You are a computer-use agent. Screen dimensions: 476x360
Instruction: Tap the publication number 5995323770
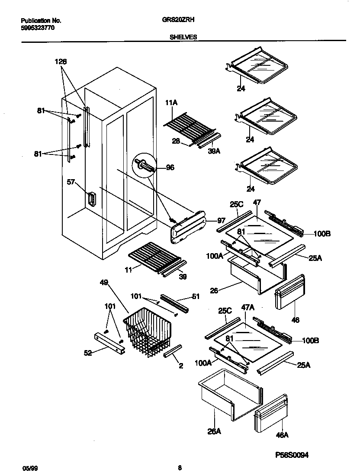pos(38,28)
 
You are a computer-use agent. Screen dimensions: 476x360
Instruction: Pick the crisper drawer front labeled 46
pos(289,292)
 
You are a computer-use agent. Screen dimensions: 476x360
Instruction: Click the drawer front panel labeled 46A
pos(271,413)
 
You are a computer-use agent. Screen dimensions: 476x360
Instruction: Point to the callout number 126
pos(61,62)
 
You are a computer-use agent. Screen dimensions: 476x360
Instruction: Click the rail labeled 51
pos(175,303)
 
